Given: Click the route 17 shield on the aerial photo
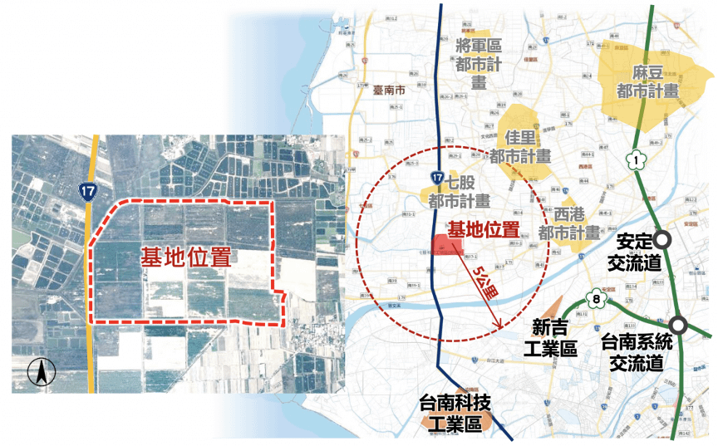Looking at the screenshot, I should [88, 192].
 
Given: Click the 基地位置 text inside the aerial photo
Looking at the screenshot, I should [185, 257].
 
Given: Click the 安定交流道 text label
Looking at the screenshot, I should [634, 252].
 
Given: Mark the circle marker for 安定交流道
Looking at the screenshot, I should [662, 239].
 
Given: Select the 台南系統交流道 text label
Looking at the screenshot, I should [636, 353].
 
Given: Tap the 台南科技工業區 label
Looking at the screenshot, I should [455, 413].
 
